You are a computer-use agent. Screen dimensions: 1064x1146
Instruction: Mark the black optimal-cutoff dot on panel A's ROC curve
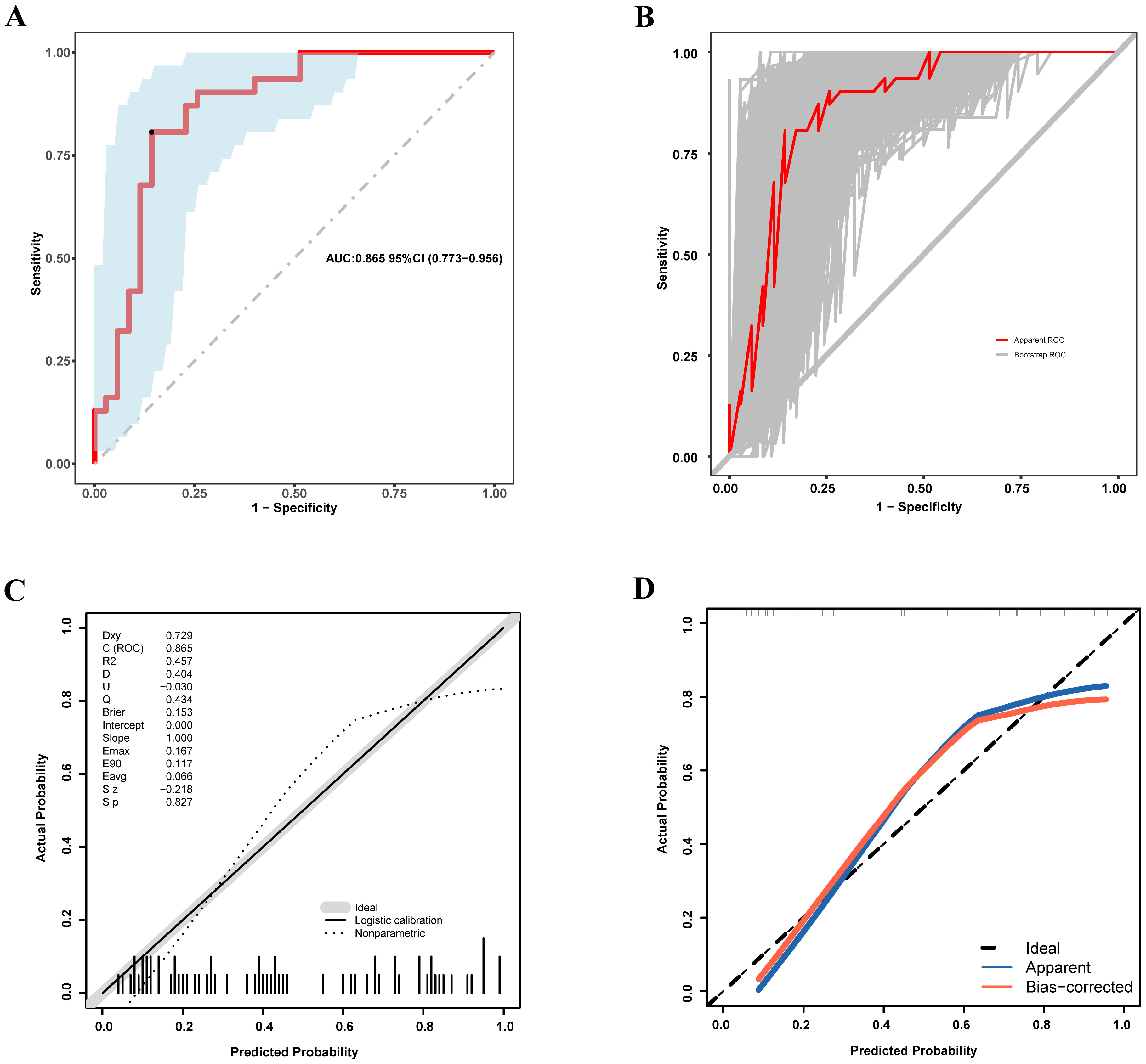pos(151,132)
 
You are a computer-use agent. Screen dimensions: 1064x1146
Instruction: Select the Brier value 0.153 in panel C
pos(179,712)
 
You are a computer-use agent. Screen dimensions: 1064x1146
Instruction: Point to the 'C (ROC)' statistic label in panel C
pos(123,648)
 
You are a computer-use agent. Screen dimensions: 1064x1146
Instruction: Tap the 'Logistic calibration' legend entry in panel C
pos(398,920)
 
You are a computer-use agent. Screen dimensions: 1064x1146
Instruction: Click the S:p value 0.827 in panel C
pos(179,802)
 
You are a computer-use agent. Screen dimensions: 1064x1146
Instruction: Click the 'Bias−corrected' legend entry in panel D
pos(1078,987)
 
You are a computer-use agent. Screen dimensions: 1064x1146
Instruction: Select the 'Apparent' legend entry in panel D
pos(1057,967)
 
